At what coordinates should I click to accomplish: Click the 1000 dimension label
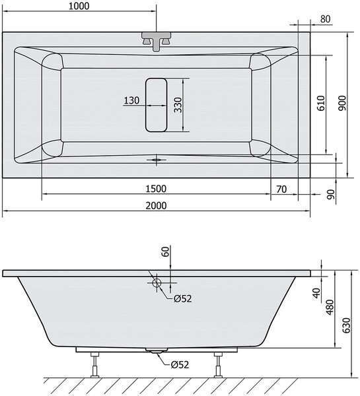click(x=79, y=6)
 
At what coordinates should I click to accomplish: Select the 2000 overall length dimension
click(x=156, y=205)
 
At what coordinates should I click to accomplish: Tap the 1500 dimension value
click(x=156, y=189)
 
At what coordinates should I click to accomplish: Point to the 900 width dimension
click(x=342, y=103)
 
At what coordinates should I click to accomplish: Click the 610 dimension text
click(x=321, y=103)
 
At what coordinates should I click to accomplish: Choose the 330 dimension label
click(x=178, y=105)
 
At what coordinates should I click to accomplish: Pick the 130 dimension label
click(x=131, y=100)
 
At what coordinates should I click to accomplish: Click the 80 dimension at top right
click(x=326, y=19)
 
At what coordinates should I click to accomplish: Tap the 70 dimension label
click(x=281, y=189)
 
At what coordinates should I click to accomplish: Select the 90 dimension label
click(x=331, y=195)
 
